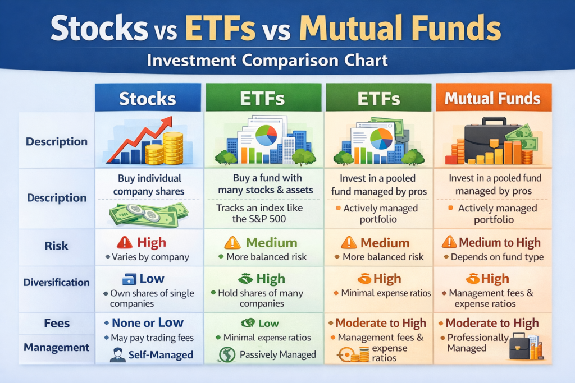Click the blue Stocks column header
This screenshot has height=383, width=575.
click(148, 99)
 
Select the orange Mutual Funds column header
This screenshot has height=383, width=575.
click(492, 99)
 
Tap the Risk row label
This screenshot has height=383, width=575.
click(56, 246)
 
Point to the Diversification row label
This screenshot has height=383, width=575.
click(56, 283)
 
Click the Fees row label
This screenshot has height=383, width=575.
click(56, 324)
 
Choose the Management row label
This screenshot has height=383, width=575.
click(56, 348)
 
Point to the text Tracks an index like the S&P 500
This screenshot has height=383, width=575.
click(259, 214)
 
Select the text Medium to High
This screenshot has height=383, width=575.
click(499, 243)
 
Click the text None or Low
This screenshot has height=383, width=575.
click(147, 322)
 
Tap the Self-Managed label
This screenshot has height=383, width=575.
click(161, 355)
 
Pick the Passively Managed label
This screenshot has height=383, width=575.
click(277, 355)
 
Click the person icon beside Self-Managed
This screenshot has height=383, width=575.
click(118, 355)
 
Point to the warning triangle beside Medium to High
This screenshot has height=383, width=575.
click(449, 242)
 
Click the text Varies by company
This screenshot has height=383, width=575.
click(150, 257)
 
